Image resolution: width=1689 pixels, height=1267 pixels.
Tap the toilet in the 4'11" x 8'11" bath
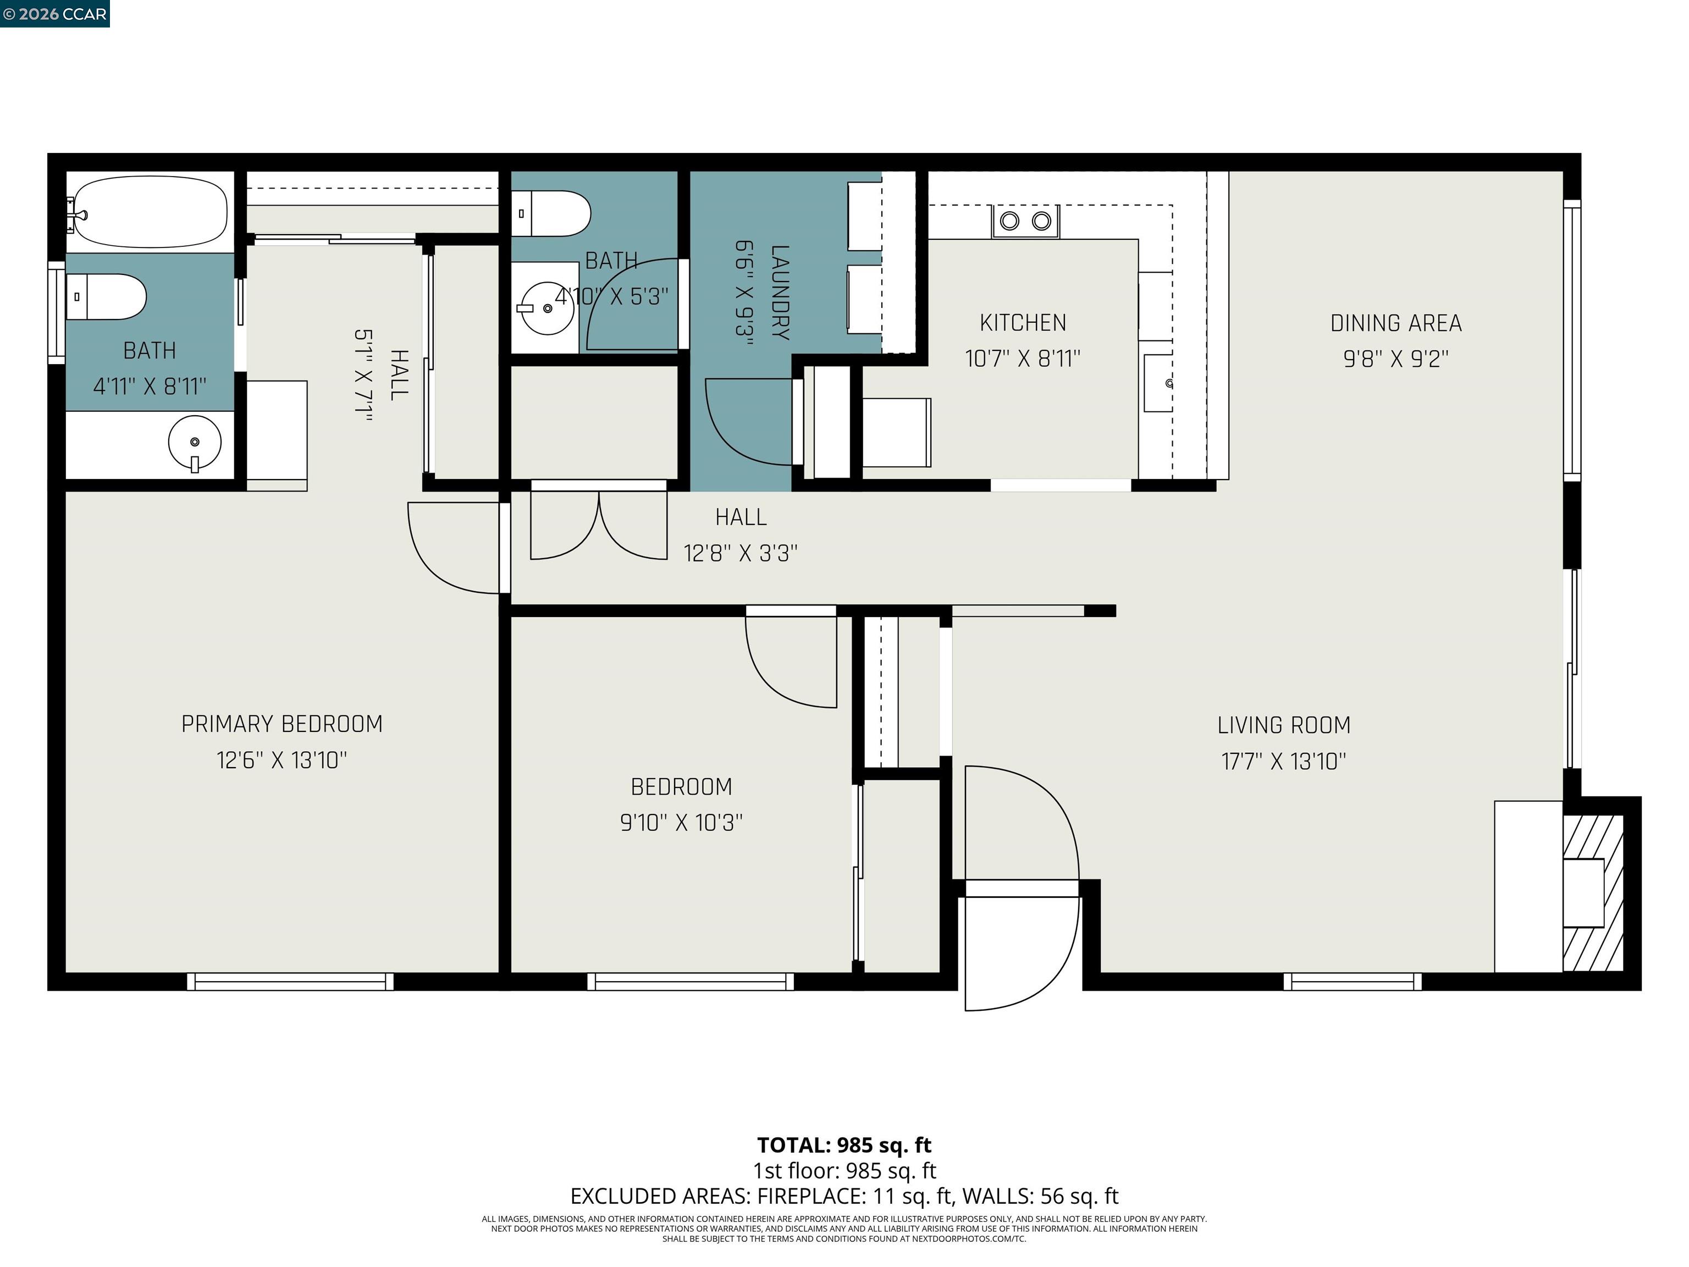107,296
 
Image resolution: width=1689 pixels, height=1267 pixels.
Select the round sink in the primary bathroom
195,442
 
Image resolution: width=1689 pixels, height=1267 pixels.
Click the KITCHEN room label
1023,323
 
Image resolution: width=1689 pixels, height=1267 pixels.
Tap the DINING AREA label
1396,323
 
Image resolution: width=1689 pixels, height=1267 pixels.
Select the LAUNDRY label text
780,293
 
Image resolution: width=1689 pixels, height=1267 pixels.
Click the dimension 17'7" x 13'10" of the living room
1284,762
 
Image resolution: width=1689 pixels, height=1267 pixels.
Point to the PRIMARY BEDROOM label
281,724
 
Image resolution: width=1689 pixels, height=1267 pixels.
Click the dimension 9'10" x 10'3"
681,823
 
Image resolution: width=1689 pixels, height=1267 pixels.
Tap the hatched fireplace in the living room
1593,893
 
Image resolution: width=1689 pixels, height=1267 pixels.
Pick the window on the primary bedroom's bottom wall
290,982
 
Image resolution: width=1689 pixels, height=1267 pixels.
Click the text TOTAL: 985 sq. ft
844,1145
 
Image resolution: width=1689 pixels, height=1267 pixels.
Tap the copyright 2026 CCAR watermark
55,14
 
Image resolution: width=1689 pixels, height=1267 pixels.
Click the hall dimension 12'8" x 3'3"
740,553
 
